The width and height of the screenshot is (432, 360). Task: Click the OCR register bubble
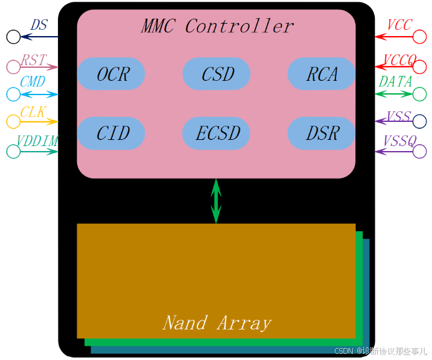(x=111, y=74)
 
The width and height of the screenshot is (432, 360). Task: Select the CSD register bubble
(x=217, y=74)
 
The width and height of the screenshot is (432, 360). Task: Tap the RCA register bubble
(x=321, y=74)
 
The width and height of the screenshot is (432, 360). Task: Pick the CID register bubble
(x=111, y=133)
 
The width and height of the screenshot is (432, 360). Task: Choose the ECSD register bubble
(x=217, y=133)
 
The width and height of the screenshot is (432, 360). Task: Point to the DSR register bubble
(x=321, y=133)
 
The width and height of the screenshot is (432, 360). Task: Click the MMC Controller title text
(x=217, y=26)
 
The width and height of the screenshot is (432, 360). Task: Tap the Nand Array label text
(x=217, y=323)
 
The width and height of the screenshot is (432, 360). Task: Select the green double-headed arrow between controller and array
(x=216, y=201)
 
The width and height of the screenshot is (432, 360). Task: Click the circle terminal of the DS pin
(x=13, y=37)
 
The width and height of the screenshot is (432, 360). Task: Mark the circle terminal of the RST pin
(x=13, y=67)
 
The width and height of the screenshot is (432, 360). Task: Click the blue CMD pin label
(x=32, y=82)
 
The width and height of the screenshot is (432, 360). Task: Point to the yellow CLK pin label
(x=32, y=112)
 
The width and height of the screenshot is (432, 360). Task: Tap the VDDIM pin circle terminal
(x=13, y=151)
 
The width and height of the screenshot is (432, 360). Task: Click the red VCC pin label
(x=399, y=25)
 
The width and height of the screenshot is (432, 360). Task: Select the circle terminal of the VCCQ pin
(x=420, y=67)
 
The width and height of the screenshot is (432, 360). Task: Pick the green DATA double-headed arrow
(x=394, y=95)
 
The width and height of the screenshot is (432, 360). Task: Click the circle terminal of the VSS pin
(x=420, y=121)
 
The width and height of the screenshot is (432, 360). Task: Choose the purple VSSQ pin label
(x=399, y=142)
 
